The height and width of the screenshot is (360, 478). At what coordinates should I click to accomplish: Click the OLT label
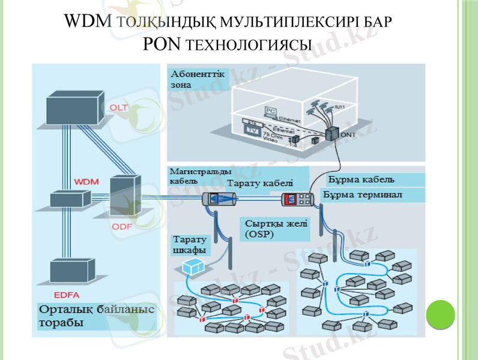click(118, 107)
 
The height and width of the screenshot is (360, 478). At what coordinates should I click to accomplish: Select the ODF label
click(122, 227)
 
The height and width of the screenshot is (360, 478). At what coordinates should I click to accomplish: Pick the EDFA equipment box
click(73, 274)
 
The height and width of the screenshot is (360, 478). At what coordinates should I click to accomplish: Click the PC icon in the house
click(270, 112)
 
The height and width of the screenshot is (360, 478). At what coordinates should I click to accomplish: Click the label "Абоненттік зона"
click(198, 80)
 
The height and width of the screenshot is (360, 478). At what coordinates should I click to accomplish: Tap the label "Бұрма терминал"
click(363, 195)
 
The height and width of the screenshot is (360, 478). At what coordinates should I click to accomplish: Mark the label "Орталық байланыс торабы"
click(96, 316)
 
